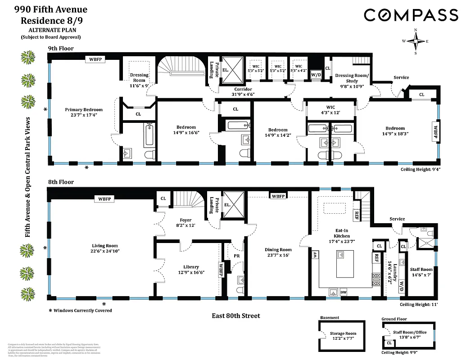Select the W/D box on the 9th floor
(316, 75)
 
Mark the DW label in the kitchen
(344, 292)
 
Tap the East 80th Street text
(236, 315)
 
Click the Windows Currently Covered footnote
(81, 310)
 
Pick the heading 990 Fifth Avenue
(48, 9)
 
